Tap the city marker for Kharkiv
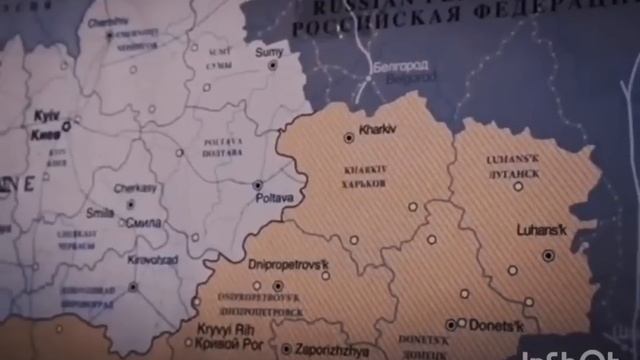[349, 137]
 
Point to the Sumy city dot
[272, 64]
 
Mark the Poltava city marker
[257, 185]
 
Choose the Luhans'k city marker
[548, 256]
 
